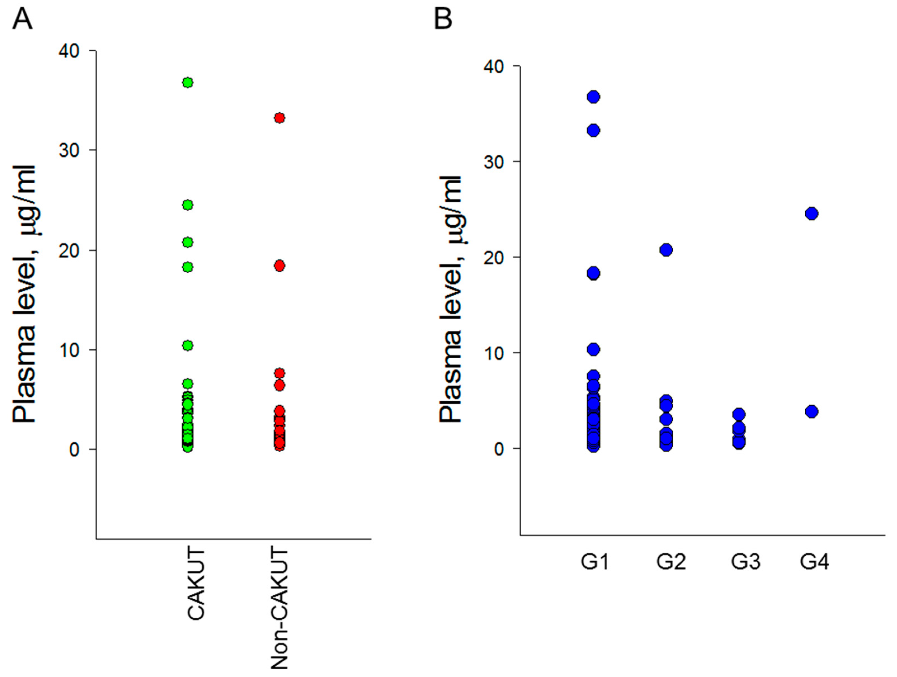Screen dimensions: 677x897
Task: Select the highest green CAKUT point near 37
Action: (187, 83)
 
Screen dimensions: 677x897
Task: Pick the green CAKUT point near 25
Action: (187, 205)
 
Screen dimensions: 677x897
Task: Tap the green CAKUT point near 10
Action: (187, 346)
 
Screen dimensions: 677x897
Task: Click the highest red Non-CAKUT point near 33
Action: (279, 118)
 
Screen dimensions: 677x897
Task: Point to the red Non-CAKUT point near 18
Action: (279, 266)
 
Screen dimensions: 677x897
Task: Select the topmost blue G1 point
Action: (593, 97)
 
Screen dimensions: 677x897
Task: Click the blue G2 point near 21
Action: (666, 250)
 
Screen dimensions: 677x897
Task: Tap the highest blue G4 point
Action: (811, 214)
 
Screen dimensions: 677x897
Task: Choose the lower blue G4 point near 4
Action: (811, 411)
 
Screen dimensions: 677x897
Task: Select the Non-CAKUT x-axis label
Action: (279, 608)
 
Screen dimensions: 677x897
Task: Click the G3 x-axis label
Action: (745, 562)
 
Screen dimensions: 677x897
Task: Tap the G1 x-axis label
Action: (594, 562)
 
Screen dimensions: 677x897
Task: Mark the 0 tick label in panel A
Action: (74, 449)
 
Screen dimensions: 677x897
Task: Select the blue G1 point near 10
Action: (593, 349)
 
